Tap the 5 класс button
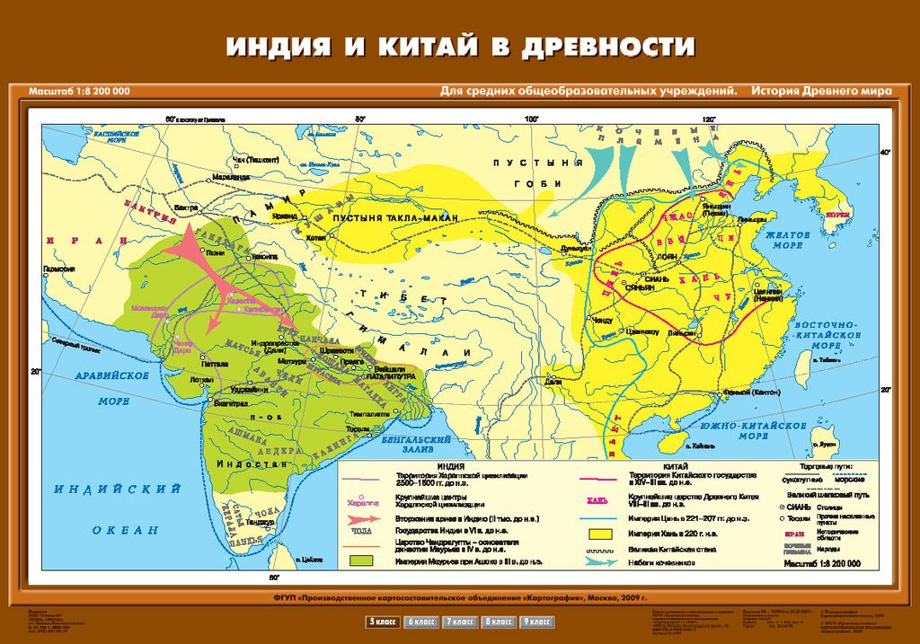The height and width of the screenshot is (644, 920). pyautogui.click(x=383, y=621)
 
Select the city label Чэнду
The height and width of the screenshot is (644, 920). pyautogui.click(x=603, y=321)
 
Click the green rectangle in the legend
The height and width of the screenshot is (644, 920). pyautogui.click(x=363, y=561)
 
